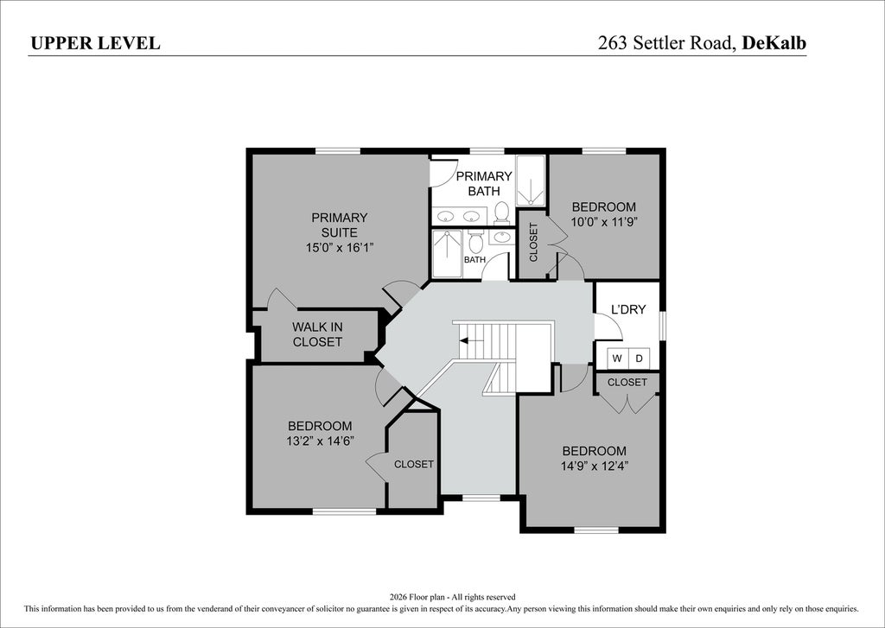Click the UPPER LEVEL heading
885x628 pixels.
coord(95,43)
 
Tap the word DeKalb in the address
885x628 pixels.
coord(774,43)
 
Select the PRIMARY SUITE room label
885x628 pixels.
coord(339,225)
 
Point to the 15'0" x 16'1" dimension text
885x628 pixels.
coord(340,247)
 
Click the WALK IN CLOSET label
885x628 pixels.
coord(317,334)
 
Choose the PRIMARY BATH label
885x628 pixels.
coord(484,183)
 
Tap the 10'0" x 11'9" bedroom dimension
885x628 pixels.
coord(604,222)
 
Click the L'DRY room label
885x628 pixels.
coord(628,309)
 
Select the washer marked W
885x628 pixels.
coord(617,358)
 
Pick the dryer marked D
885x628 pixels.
coord(639,358)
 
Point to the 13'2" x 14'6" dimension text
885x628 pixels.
coord(320,441)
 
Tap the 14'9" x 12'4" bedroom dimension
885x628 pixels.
coord(595,466)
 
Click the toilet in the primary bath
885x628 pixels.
coord(501,213)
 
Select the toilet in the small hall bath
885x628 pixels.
coord(475,242)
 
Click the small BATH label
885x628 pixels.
coord(474,259)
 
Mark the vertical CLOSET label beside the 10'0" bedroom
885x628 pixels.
coord(533,243)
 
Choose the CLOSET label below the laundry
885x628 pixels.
coord(627,382)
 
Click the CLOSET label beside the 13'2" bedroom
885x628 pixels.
coord(414,465)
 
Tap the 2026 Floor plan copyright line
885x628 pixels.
coord(452,596)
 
